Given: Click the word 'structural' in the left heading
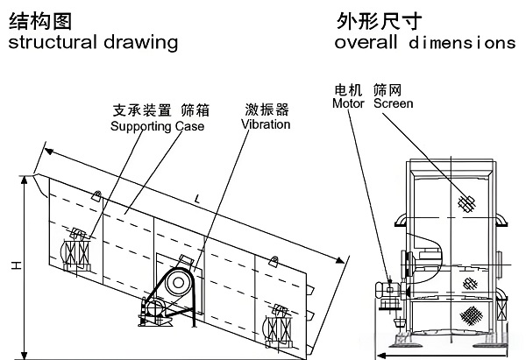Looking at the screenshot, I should tap(47, 42).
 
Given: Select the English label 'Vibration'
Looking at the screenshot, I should tap(265, 125).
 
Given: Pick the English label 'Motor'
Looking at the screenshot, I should tap(348, 103).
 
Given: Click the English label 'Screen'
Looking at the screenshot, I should tap(393, 103).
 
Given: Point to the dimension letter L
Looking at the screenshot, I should tap(197, 201).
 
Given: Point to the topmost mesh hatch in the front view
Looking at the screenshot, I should tap(467, 203).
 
